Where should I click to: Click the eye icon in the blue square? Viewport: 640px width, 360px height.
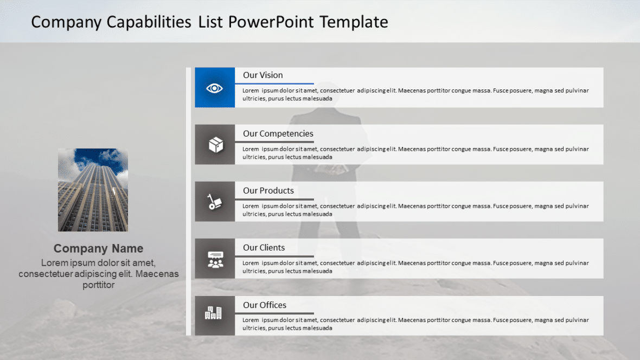215,88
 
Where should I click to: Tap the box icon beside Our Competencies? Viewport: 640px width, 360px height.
215,145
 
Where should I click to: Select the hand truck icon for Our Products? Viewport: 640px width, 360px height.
215,202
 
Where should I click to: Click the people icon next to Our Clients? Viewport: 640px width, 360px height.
215,259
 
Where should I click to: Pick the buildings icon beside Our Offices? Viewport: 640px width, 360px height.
213,312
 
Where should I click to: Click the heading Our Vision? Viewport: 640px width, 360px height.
263,75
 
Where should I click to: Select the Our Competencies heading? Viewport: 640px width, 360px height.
278,134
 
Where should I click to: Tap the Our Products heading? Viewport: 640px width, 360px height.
268,191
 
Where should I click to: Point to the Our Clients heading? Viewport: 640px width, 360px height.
264,248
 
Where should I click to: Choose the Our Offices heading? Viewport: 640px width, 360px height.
265,305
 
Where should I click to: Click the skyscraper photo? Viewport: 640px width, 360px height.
93,190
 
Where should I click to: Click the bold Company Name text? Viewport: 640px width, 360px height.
99,249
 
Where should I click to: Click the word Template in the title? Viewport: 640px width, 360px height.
354,22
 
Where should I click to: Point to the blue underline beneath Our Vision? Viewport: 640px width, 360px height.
274,83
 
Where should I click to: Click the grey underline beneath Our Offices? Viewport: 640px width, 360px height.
274,313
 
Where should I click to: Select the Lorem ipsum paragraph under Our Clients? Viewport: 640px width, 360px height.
415,267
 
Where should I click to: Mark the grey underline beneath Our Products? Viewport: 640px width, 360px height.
274,199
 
